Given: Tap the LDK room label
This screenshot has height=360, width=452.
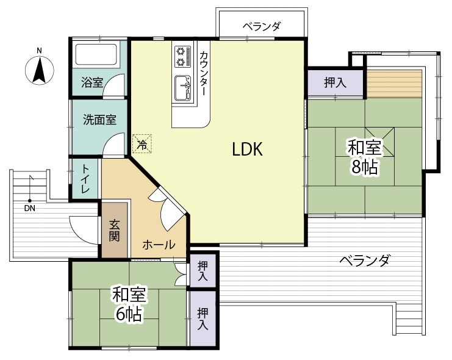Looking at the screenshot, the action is click(x=247, y=149).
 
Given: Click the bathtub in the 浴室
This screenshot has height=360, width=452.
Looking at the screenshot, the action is click(x=96, y=54).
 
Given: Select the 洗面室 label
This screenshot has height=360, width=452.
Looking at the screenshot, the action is click(x=100, y=120).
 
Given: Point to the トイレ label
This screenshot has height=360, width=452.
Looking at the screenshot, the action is click(x=85, y=179).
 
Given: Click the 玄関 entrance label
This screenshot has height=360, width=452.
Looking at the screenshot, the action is click(x=114, y=231).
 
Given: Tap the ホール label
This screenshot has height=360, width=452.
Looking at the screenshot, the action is click(x=159, y=245).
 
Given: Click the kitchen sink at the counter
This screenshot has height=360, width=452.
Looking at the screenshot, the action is click(x=183, y=88).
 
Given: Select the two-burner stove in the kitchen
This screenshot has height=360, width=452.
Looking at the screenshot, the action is click(x=183, y=57).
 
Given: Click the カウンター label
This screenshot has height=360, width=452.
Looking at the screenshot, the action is click(x=203, y=73).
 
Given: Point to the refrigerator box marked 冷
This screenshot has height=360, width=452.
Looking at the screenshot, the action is click(x=142, y=143).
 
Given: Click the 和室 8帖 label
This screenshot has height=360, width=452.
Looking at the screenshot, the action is click(x=364, y=157).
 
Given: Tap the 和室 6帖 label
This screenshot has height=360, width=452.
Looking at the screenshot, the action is click(x=129, y=304).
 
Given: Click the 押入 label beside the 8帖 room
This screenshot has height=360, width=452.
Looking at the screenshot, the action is click(x=335, y=83).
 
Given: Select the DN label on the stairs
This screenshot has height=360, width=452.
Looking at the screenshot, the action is click(x=30, y=208).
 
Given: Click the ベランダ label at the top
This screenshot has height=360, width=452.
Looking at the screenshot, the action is click(x=261, y=27).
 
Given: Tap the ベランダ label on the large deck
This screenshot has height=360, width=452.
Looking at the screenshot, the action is click(x=365, y=261).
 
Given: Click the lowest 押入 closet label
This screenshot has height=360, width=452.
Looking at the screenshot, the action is click(x=203, y=319).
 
